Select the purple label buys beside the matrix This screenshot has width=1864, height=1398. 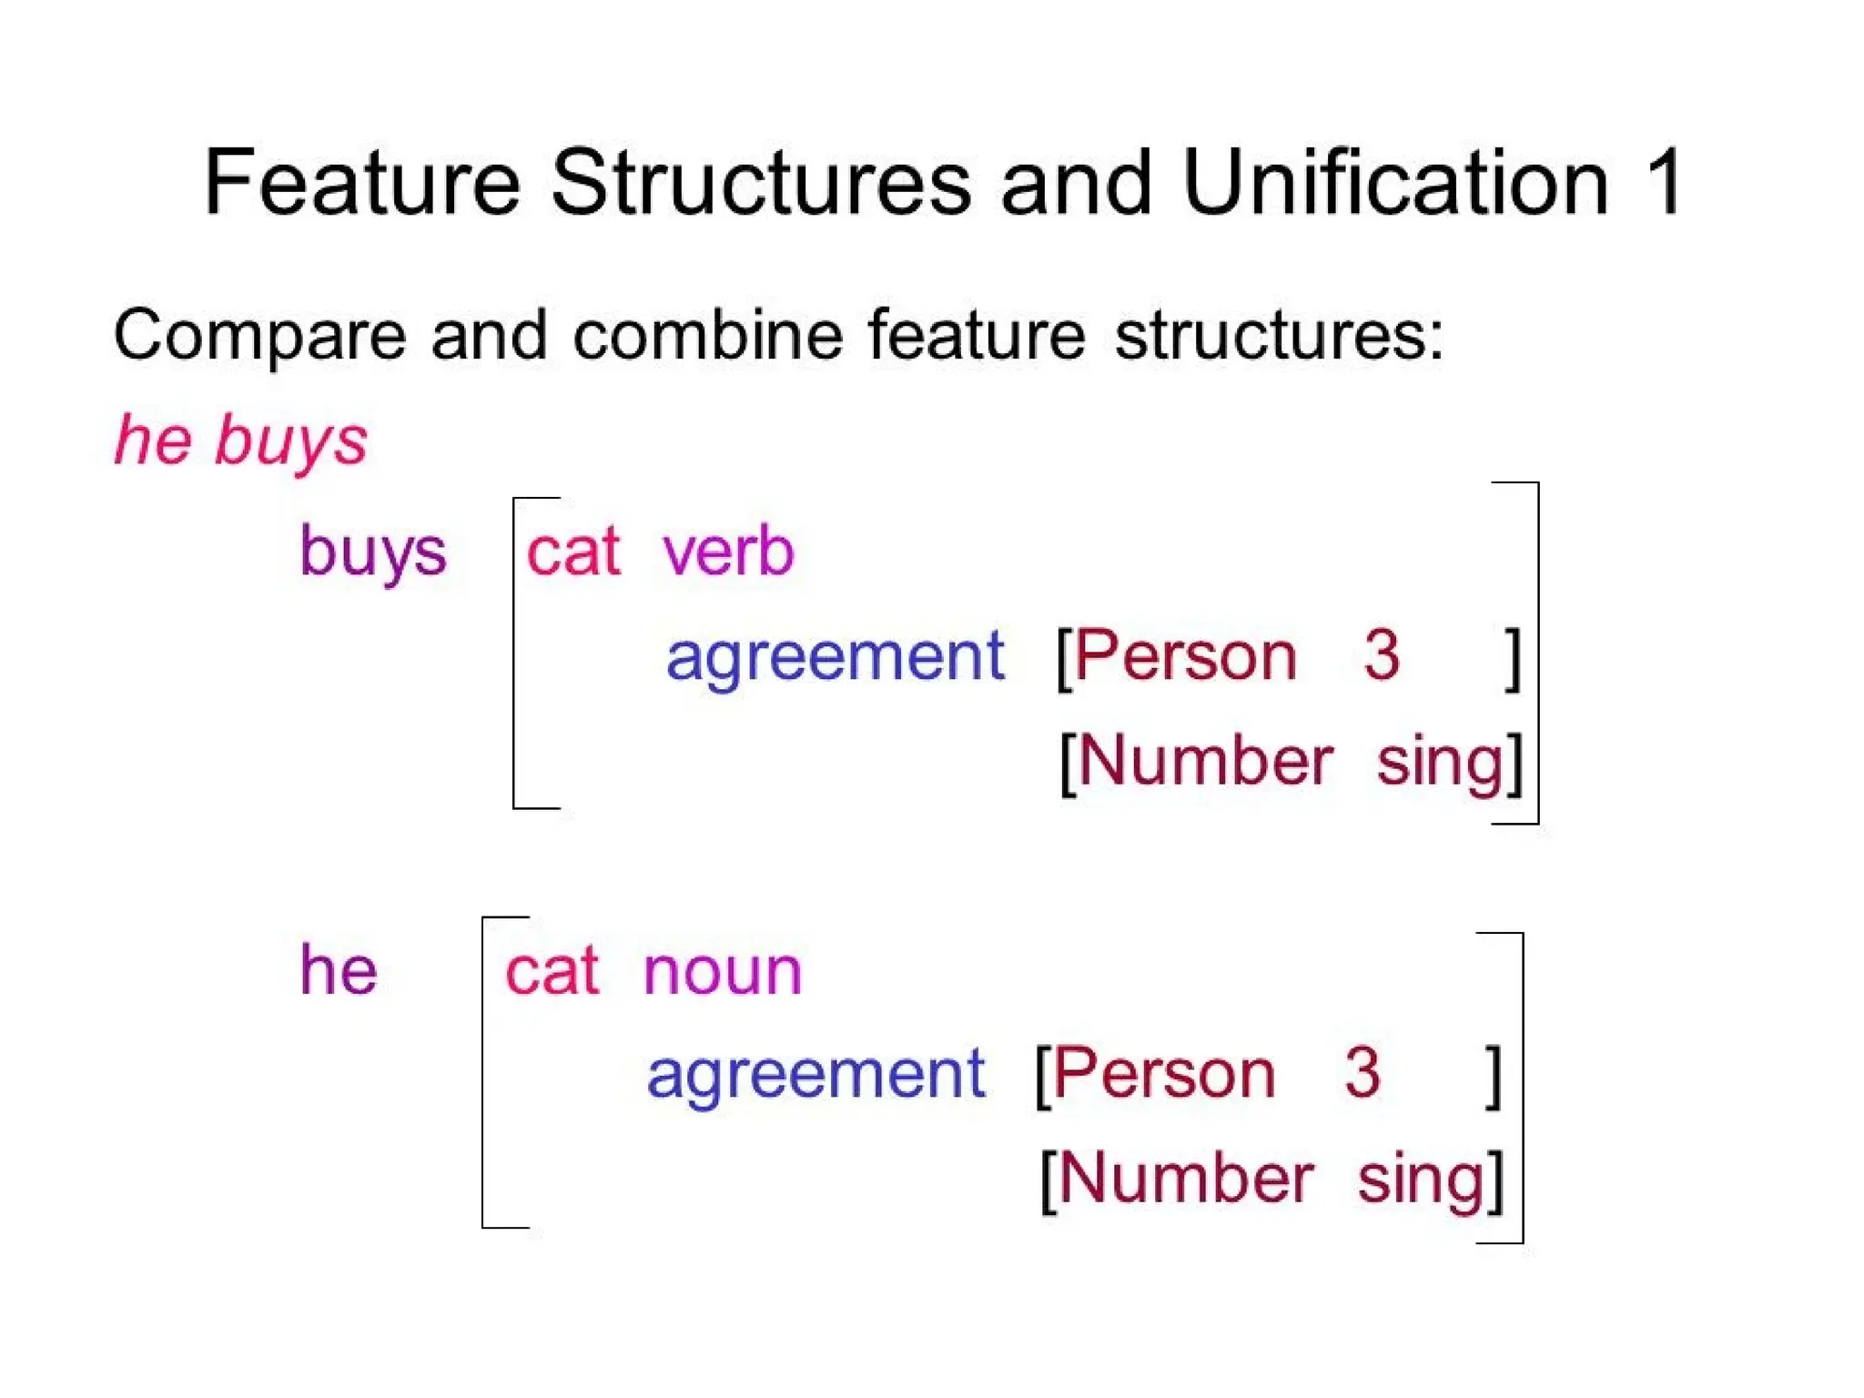(373, 552)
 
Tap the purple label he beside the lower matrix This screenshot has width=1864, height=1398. (339, 970)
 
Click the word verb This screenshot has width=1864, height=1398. (728, 552)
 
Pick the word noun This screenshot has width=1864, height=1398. (722, 971)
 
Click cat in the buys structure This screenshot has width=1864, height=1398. (573, 552)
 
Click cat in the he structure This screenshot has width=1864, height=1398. (552, 971)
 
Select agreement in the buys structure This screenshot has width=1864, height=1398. (835, 657)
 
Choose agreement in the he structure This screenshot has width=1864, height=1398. (815, 1075)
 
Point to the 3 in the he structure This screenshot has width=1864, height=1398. (1362, 1073)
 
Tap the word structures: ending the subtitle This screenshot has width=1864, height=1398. (1279, 336)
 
